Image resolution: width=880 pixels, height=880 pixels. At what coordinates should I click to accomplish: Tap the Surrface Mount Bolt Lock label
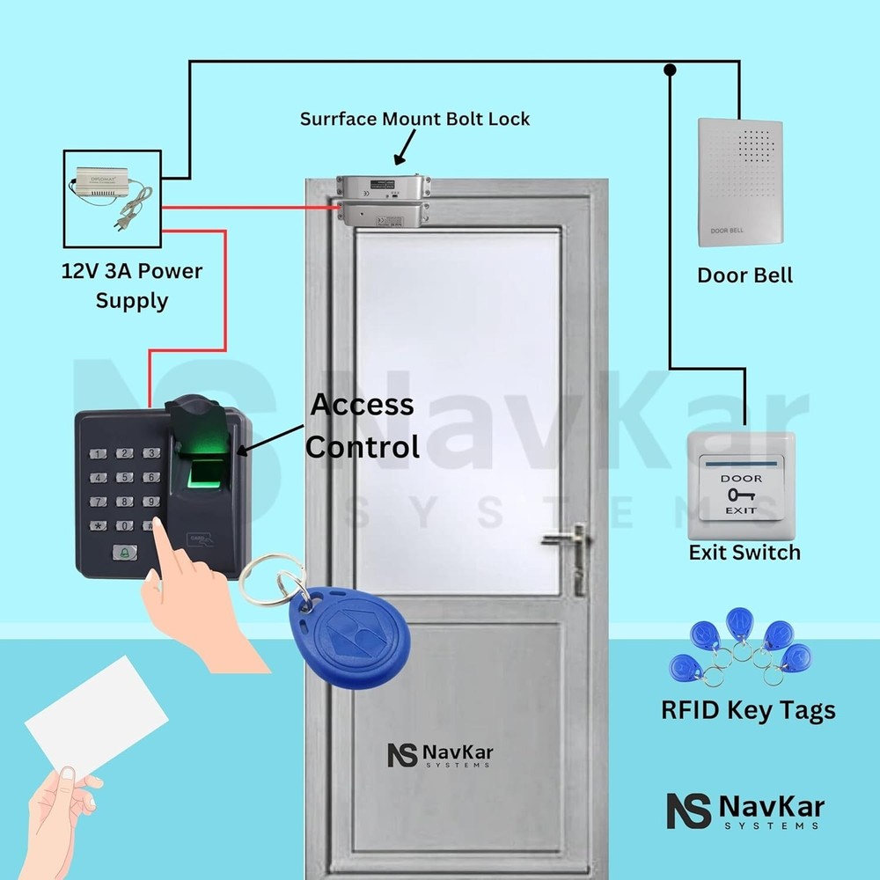414,119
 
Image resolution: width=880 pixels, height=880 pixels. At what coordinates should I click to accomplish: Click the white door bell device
740,181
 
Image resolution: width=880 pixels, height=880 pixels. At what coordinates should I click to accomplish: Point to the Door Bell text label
744,275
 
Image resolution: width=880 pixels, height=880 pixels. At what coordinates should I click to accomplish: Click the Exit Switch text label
744,553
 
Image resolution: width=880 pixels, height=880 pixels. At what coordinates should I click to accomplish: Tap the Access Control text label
361,426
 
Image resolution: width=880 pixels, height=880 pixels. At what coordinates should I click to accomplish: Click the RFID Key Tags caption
748,710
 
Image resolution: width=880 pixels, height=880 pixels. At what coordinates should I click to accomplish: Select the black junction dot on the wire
671,68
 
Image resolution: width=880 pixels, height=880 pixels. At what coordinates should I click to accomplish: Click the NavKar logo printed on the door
439,755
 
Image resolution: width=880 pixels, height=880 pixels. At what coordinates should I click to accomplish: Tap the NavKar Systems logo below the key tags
744,810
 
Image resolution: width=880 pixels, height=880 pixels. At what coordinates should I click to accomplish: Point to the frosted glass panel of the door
458,405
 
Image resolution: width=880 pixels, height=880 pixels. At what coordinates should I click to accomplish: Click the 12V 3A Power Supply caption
131,285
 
